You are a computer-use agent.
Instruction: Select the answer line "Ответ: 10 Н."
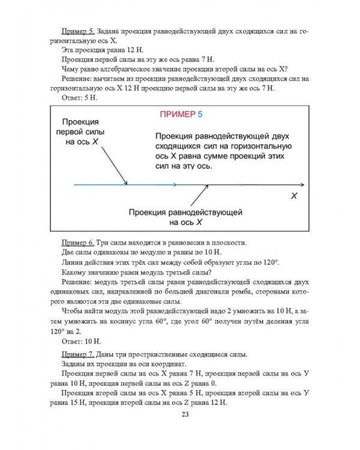[83, 341]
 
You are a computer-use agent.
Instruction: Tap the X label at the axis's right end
[293, 196]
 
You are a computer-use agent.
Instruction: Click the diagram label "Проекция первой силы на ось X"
[81, 132]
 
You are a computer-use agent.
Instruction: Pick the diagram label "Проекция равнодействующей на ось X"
[185, 217]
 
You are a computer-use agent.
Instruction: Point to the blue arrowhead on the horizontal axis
[173, 185]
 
